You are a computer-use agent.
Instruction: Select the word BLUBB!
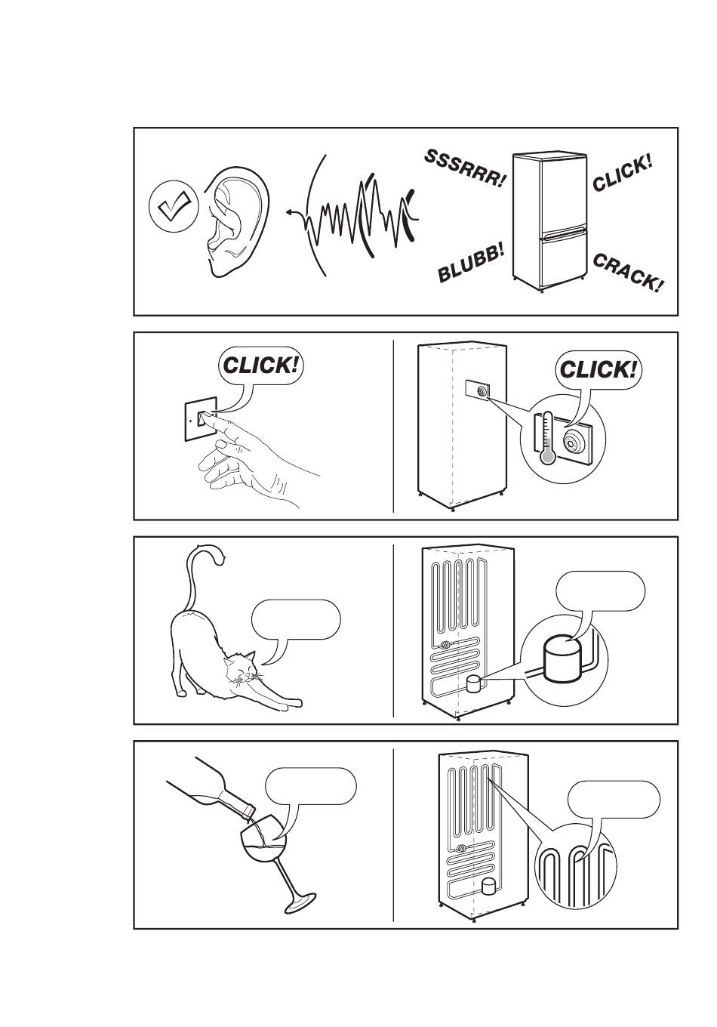tap(472, 264)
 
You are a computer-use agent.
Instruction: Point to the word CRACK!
tap(628, 273)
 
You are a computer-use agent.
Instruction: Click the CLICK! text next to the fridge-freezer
tap(622, 173)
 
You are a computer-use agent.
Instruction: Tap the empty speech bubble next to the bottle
tap(310, 787)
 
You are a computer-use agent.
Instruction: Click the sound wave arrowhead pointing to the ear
tap(290, 214)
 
